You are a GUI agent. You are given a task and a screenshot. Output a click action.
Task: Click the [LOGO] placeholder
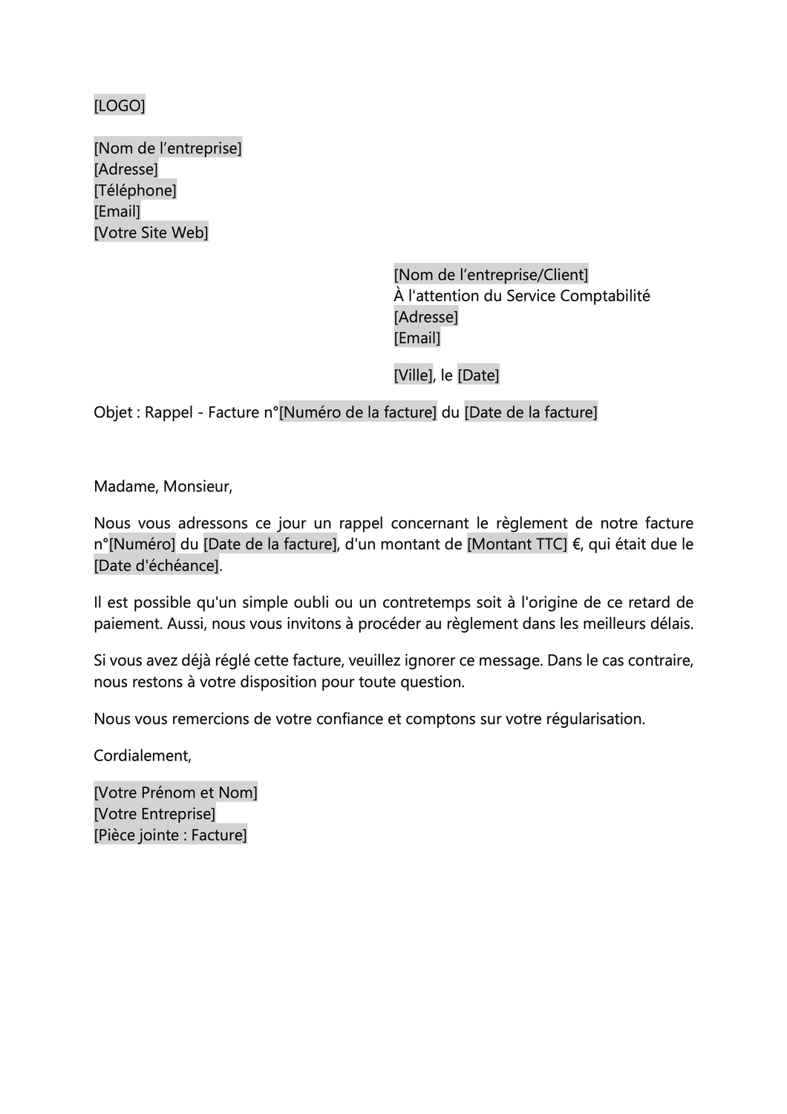[x=120, y=105]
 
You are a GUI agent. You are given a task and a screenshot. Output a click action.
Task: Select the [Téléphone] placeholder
[x=135, y=190]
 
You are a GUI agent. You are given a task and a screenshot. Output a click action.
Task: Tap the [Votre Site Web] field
[x=151, y=232]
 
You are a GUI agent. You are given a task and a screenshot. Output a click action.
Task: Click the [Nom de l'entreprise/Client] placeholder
[x=491, y=275]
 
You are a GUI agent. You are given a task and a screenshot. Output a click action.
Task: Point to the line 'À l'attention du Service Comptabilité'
[x=522, y=296]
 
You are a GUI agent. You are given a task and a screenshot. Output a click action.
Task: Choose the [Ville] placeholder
[x=413, y=375]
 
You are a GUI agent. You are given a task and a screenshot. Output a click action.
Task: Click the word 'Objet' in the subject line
[x=113, y=412]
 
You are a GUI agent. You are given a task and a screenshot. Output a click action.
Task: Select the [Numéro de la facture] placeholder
[x=358, y=412]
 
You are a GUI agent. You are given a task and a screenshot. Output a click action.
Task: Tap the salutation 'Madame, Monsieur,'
[x=163, y=486]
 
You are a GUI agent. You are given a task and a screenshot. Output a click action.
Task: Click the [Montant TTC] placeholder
[x=517, y=544]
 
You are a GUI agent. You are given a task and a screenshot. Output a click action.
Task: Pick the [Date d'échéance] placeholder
[x=157, y=565]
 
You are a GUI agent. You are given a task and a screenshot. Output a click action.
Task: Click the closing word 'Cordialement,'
[x=143, y=755]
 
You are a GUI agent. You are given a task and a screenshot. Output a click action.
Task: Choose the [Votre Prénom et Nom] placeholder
[x=176, y=792]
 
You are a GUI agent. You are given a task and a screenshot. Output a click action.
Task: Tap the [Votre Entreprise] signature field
[x=154, y=814]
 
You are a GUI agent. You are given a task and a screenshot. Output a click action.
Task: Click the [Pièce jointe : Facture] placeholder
[x=171, y=835]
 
